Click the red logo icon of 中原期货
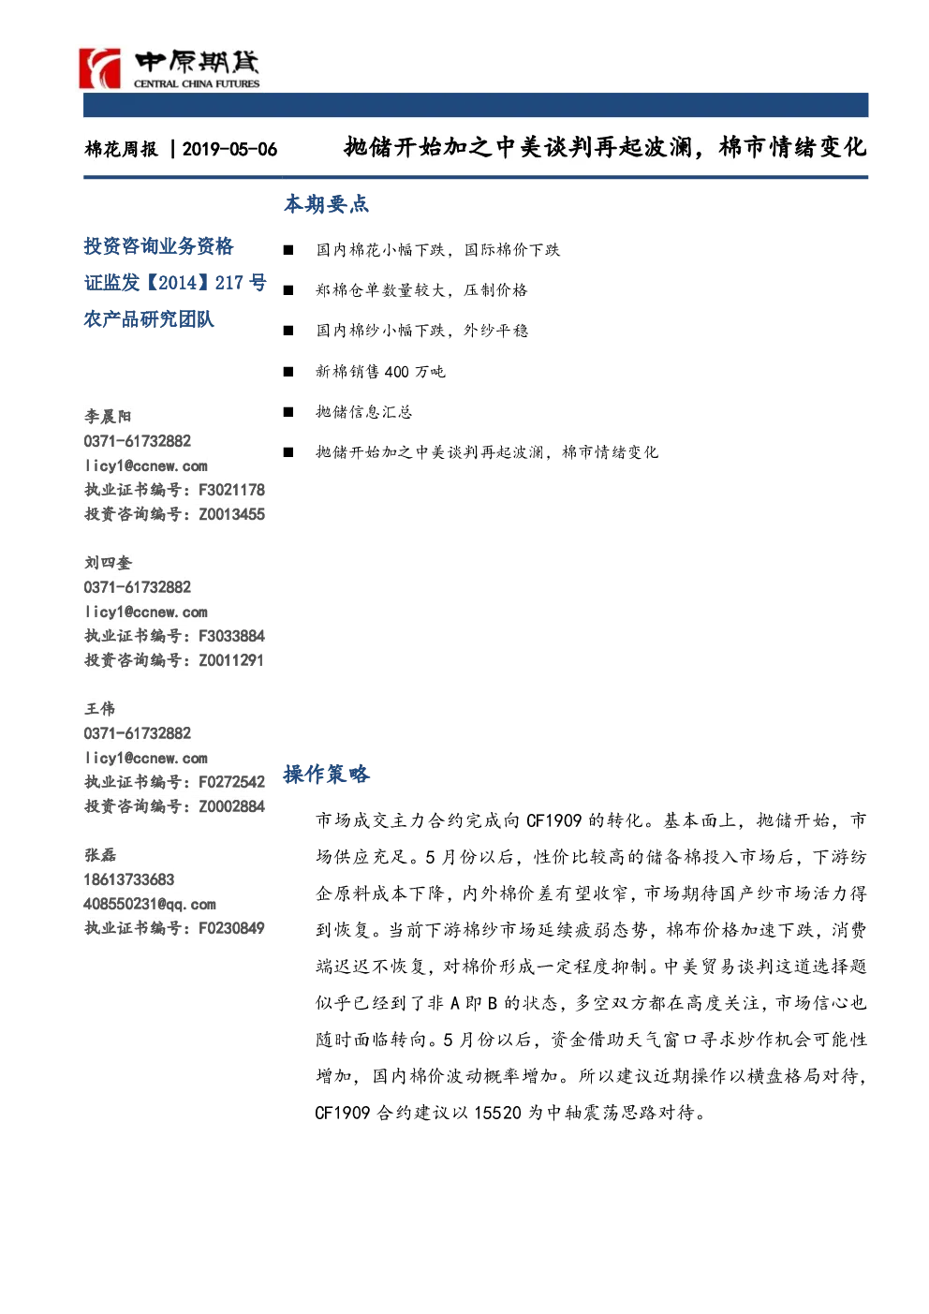click(x=100, y=68)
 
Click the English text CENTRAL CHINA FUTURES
click(x=197, y=83)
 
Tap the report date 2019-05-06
click(x=229, y=149)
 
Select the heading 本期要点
click(x=326, y=203)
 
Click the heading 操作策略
click(x=326, y=774)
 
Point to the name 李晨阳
click(x=108, y=417)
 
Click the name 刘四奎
click(x=108, y=563)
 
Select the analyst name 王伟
click(x=99, y=709)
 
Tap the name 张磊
click(x=100, y=855)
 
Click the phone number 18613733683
click(x=129, y=879)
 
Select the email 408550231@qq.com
click(x=150, y=904)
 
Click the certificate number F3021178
click(x=231, y=489)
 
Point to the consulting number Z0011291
click(x=231, y=660)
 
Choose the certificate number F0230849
click(x=231, y=928)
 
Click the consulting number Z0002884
click(x=231, y=806)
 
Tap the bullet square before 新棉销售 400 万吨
click(x=288, y=371)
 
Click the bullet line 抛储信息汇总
click(x=363, y=412)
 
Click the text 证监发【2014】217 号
click(x=175, y=283)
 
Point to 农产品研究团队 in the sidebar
click(x=149, y=319)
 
